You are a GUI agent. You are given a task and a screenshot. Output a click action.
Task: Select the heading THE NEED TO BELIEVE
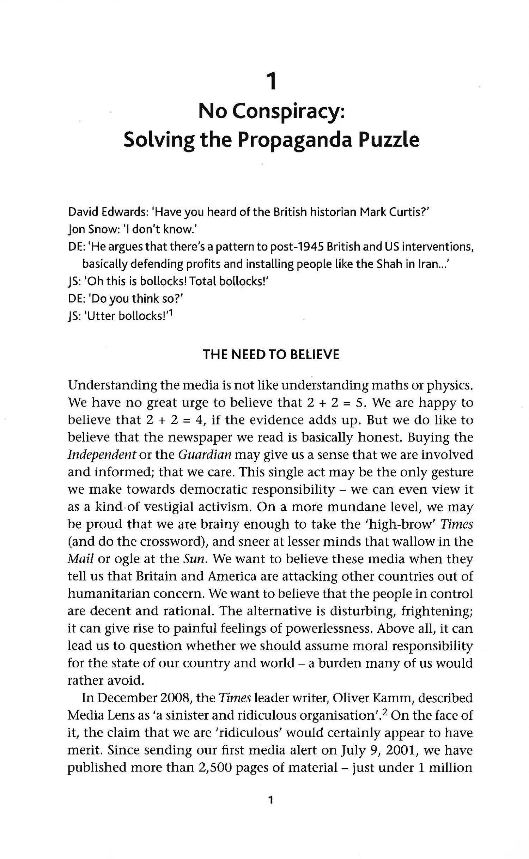point(271,355)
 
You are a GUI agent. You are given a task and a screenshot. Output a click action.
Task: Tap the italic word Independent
point(102,455)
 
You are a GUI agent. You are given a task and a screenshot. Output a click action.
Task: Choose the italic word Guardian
point(205,455)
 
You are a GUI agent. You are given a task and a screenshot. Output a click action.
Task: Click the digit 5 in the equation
point(359,403)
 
